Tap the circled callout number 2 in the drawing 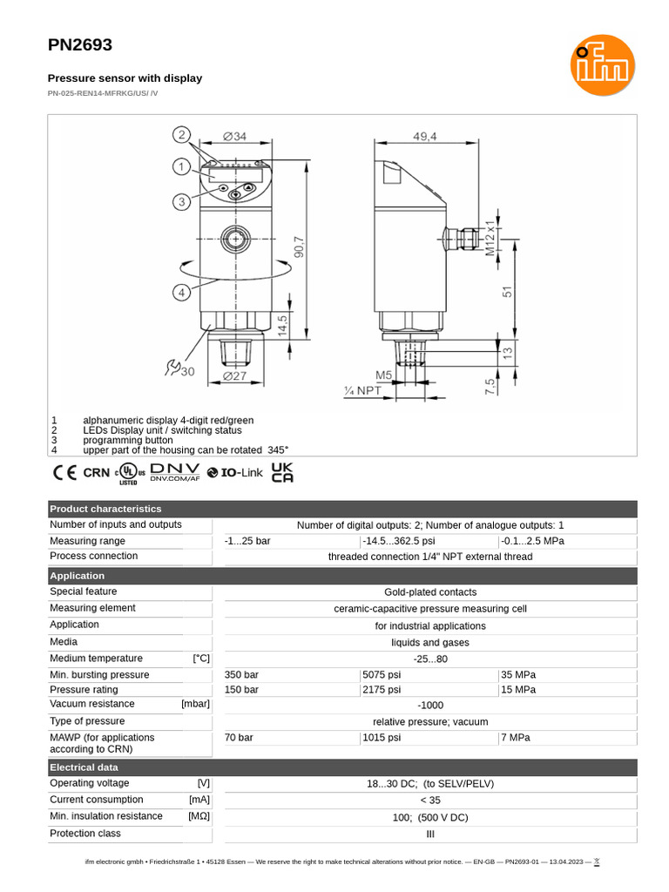click(181, 134)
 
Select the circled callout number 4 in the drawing click(181, 293)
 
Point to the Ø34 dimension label click(234, 136)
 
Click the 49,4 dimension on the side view click(425, 136)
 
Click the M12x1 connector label click(490, 236)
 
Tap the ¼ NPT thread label click(364, 391)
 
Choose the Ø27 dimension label click(234, 376)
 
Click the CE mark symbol click(64, 473)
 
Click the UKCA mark click(282, 472)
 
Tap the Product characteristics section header click(105, 509)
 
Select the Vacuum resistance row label click(92, 704)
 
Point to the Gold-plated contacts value click(430, 592)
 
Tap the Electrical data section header click(84, 767)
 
